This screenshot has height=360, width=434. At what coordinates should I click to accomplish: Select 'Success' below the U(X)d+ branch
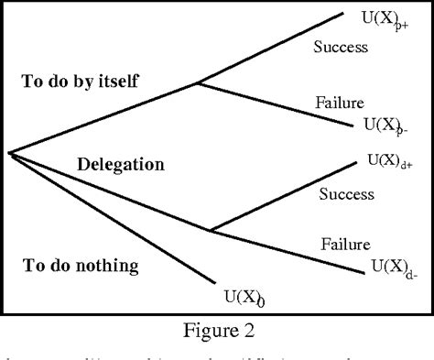(347, 194)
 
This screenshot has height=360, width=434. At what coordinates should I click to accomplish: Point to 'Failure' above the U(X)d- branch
(345, 245)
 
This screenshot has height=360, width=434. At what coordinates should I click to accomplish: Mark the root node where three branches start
(9, 152)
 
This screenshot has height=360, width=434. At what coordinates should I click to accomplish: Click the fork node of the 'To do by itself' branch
(199, 83)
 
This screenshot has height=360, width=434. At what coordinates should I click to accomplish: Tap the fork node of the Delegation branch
(212, 230)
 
